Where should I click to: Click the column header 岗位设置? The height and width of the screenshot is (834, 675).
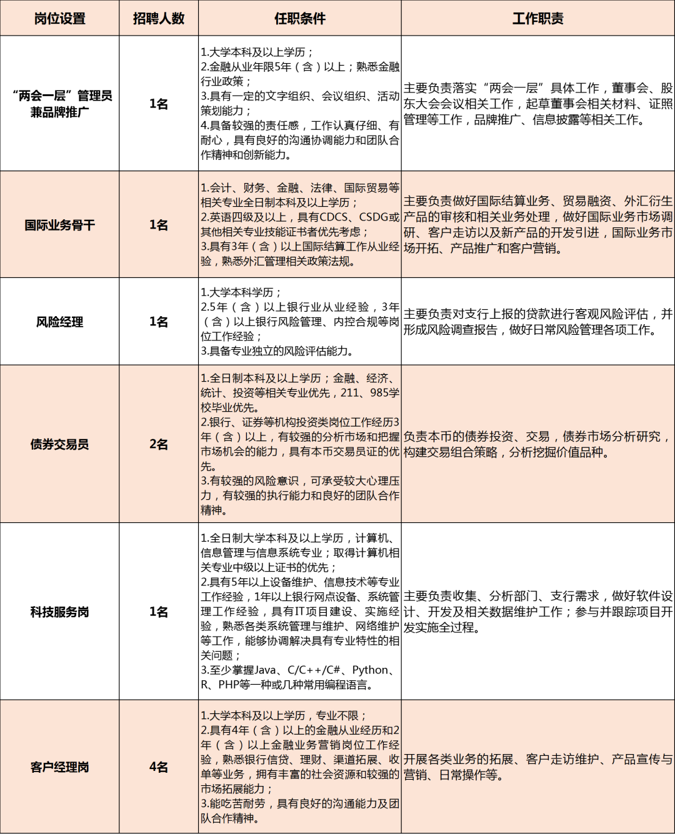tap(59, 19)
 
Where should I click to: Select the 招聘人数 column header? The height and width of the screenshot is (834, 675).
tap(159, 19)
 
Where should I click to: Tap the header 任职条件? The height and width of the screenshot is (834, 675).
tap(300, 19)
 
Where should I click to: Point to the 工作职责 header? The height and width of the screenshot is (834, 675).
tap(537, 19)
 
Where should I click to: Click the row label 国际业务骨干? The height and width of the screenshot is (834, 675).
tap(59, 225)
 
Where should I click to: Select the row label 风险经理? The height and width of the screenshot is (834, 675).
tap(59, 322)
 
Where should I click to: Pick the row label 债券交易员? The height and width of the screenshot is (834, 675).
tap(59, 444)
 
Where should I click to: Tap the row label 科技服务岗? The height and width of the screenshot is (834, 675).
tap(59, 612)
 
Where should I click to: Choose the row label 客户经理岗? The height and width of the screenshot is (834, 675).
tap(59, 767)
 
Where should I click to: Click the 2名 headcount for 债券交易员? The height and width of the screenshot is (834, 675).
tap(159, 444)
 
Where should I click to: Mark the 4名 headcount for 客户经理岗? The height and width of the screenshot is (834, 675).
tap(159, 767)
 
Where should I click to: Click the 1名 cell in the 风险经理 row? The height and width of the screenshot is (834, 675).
tap(159, 322)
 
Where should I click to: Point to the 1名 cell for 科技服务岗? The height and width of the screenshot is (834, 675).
tap(159, 612)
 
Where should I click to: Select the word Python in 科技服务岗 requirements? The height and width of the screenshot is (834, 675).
tap(370, 670)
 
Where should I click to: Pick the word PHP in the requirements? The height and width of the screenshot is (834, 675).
tap(228, 685)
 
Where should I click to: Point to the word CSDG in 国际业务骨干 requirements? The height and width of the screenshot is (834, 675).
tap(374, 217)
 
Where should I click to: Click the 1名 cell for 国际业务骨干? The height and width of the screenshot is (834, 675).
tap(159, 225)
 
